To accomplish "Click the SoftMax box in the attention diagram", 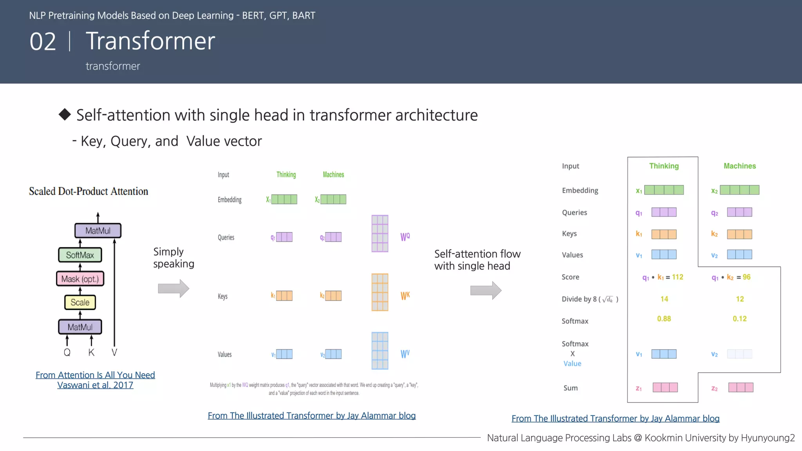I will (80, 255).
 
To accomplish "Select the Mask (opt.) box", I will (80, 279).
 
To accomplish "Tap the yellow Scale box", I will (80, 302).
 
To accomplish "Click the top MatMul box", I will (98, 231).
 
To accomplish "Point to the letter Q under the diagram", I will (67, 352).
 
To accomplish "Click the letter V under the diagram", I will (114, 352).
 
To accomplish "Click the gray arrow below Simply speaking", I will (173, 289).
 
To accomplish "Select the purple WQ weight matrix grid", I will (380, 233).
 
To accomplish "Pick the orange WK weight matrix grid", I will (380, 292).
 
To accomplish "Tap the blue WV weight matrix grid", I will (380, 351).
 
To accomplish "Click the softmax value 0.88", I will (664, 319).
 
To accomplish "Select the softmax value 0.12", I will (739, 319).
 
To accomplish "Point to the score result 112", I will (677, 277).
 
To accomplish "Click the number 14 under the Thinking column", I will (664, 299).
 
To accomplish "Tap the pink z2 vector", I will (741, 388).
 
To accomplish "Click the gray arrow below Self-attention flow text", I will (486, 290).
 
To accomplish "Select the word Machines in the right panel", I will (739, 166).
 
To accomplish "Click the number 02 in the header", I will (43, 41).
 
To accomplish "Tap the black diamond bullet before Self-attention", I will (65, 114).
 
